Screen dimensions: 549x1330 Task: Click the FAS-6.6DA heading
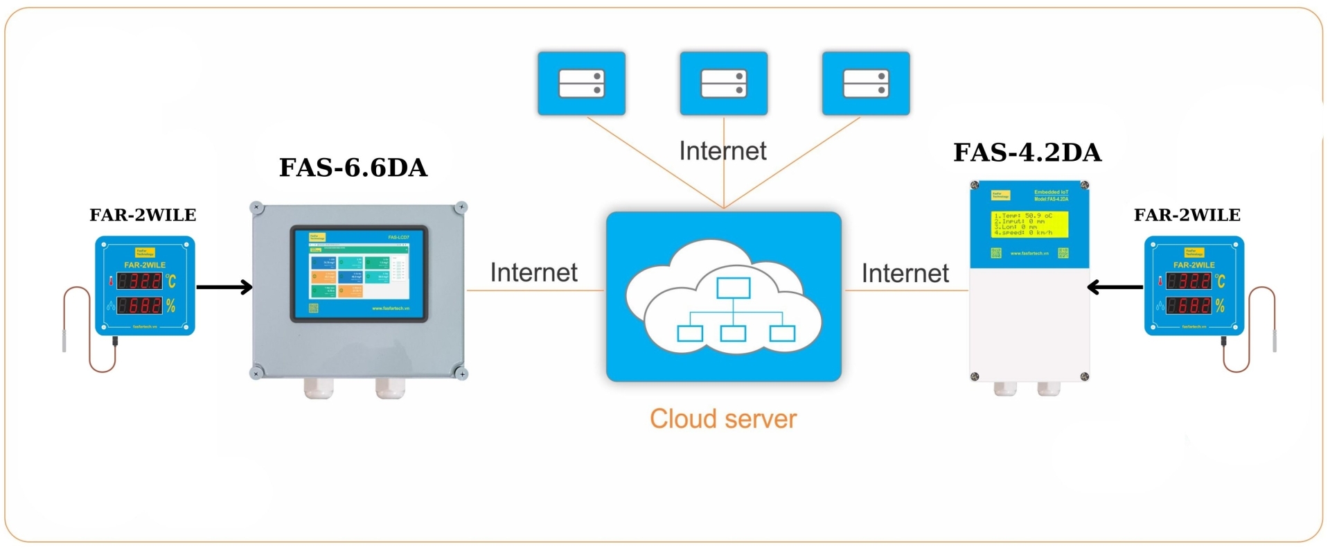tap(353, 168)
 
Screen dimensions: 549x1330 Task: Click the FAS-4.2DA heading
tap(1027, 152)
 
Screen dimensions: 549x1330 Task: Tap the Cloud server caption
tap(723, 419)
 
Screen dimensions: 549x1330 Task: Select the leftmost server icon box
tap(582, 83)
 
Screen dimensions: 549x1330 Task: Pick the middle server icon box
tap(724, 83)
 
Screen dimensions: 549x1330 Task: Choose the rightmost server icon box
tap(866, 83)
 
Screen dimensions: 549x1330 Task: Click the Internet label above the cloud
tap(722, 151)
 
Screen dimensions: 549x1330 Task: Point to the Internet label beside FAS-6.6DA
tap(533, 272)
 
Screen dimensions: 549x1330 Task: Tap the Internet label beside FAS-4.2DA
tap(905, 273)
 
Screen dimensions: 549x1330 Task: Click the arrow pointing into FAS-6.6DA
tap(224, 286)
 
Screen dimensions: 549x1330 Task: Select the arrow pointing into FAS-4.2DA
tap(1115, 286)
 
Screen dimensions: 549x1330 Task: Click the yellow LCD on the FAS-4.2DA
tap(1029, 225)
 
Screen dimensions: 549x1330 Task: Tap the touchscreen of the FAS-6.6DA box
tap(359, 274)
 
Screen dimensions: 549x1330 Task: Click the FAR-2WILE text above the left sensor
tap(143, 215)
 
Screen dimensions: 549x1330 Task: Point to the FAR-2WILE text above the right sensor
tap(1187, 215)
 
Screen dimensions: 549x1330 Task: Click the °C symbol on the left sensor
tap(171, 281)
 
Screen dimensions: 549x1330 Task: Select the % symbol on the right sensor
tap(1220, 305)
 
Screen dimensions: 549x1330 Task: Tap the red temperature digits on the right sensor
tap(1189, 281)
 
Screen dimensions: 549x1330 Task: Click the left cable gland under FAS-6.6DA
tap(319, 388)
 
